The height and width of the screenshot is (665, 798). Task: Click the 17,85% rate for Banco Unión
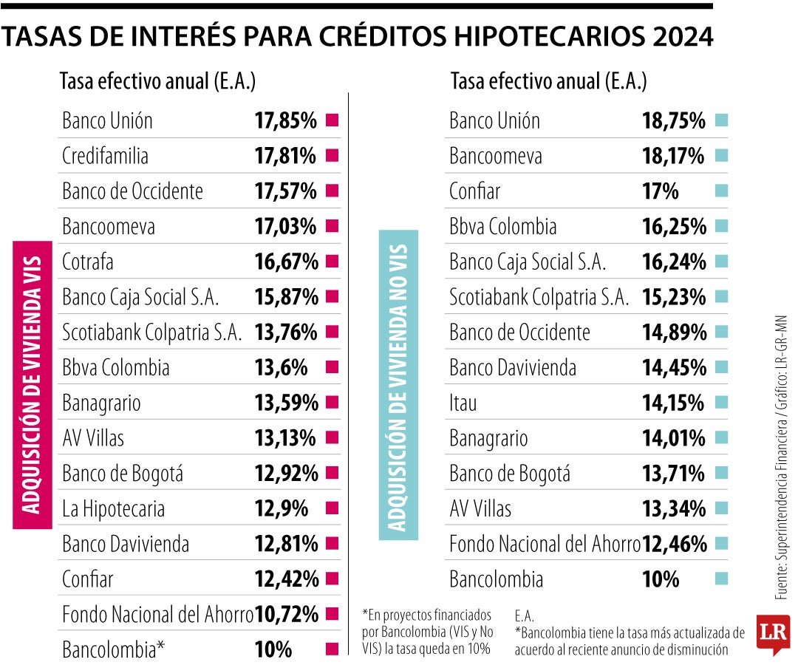(x=285, y=120)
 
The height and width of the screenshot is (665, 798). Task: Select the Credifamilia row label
(x=105, y=156)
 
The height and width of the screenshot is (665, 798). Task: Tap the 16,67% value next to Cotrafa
(x=286, y=262)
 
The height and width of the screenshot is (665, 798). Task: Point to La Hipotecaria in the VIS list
(x=113, y=509)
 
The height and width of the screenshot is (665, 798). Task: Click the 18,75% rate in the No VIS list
(x=674, y=120)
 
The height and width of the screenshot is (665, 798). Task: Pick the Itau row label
(x=463, y=403)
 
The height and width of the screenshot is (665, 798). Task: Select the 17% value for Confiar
(x=661, y=191)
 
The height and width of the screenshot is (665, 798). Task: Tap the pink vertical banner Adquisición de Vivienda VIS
(x=33, y=384)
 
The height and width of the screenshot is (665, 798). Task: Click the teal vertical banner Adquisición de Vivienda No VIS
(x=398, y=381)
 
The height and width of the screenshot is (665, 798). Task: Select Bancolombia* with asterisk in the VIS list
(x=113, y=650)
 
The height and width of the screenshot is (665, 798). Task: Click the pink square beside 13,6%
(x=332, y=367)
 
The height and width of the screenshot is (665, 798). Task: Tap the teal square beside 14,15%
(x=721, y=403)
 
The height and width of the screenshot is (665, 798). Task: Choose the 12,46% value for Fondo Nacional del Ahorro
(x=675, y=545)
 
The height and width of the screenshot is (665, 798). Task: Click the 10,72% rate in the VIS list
(x=286, y=614)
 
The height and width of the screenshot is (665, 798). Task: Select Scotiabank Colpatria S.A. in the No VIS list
(x=539, y=297)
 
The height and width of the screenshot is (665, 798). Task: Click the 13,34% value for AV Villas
(x=674, y=509)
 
